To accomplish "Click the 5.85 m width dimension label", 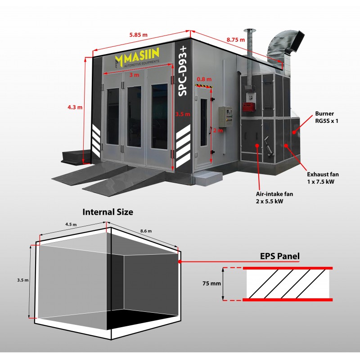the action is (x=138, y=35).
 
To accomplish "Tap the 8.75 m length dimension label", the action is (x=236, y=40).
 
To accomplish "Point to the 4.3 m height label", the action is (x=75, y=107).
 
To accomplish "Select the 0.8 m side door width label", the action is (x=204, y=79).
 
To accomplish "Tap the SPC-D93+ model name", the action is (x=183, y=71).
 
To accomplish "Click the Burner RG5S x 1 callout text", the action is (x=327, y=117).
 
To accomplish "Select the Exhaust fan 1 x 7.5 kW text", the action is (x=323, y=178).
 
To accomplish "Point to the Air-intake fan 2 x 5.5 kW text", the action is (x=274, y=198).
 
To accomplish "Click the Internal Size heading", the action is (x=108, y=212).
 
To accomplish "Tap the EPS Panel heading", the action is (x=279, y=256).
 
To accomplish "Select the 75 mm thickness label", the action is (x=211, y=283).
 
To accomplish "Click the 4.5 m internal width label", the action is (x=71, y=224).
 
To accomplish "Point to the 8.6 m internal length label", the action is (x=146, y=231).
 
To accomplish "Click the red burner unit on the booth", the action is (x=249, y=107).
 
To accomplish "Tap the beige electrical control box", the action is (x=225, y=117).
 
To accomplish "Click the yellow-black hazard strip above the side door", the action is (x=204, y=86).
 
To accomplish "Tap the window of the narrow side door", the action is (x=203, y=122).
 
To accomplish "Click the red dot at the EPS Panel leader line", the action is (x=180, y=261).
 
